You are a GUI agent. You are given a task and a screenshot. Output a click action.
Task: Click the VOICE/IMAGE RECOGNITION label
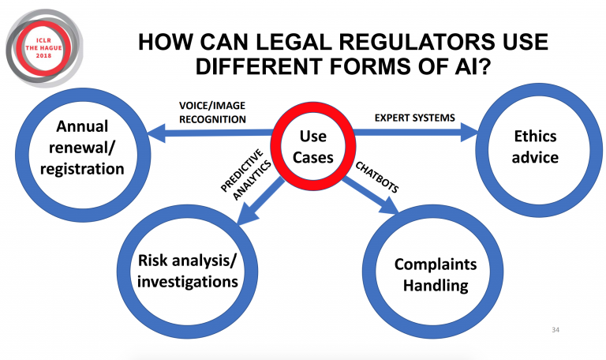tap(209, 114)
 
